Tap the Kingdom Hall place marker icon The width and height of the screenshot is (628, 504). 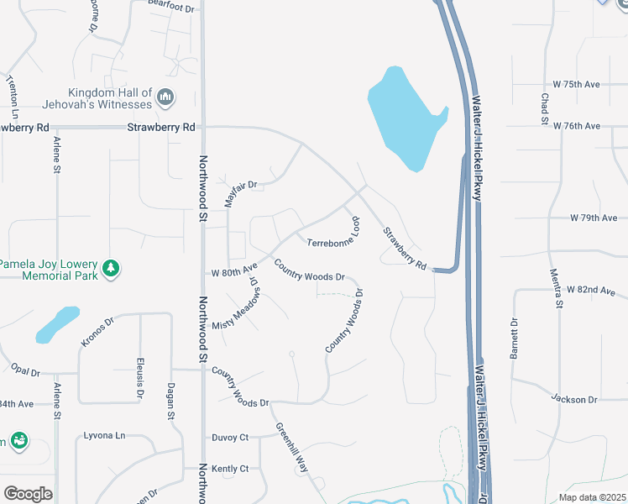(x=165, y=98)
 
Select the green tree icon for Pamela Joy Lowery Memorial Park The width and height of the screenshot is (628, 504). (x=111, y=269)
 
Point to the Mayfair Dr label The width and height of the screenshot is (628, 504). (x=239, y=193)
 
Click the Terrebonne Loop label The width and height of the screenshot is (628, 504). (x=333, y=238)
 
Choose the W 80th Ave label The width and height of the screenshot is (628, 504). (x=234, y=272)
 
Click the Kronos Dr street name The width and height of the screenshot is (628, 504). (x=97, y=331)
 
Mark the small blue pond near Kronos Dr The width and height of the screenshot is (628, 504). (x=57, y=324)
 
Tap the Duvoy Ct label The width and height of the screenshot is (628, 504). (x=232, y=437)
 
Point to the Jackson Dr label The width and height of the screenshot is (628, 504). (x=574, y=399)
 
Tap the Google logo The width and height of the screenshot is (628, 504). (x=28, y=493)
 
